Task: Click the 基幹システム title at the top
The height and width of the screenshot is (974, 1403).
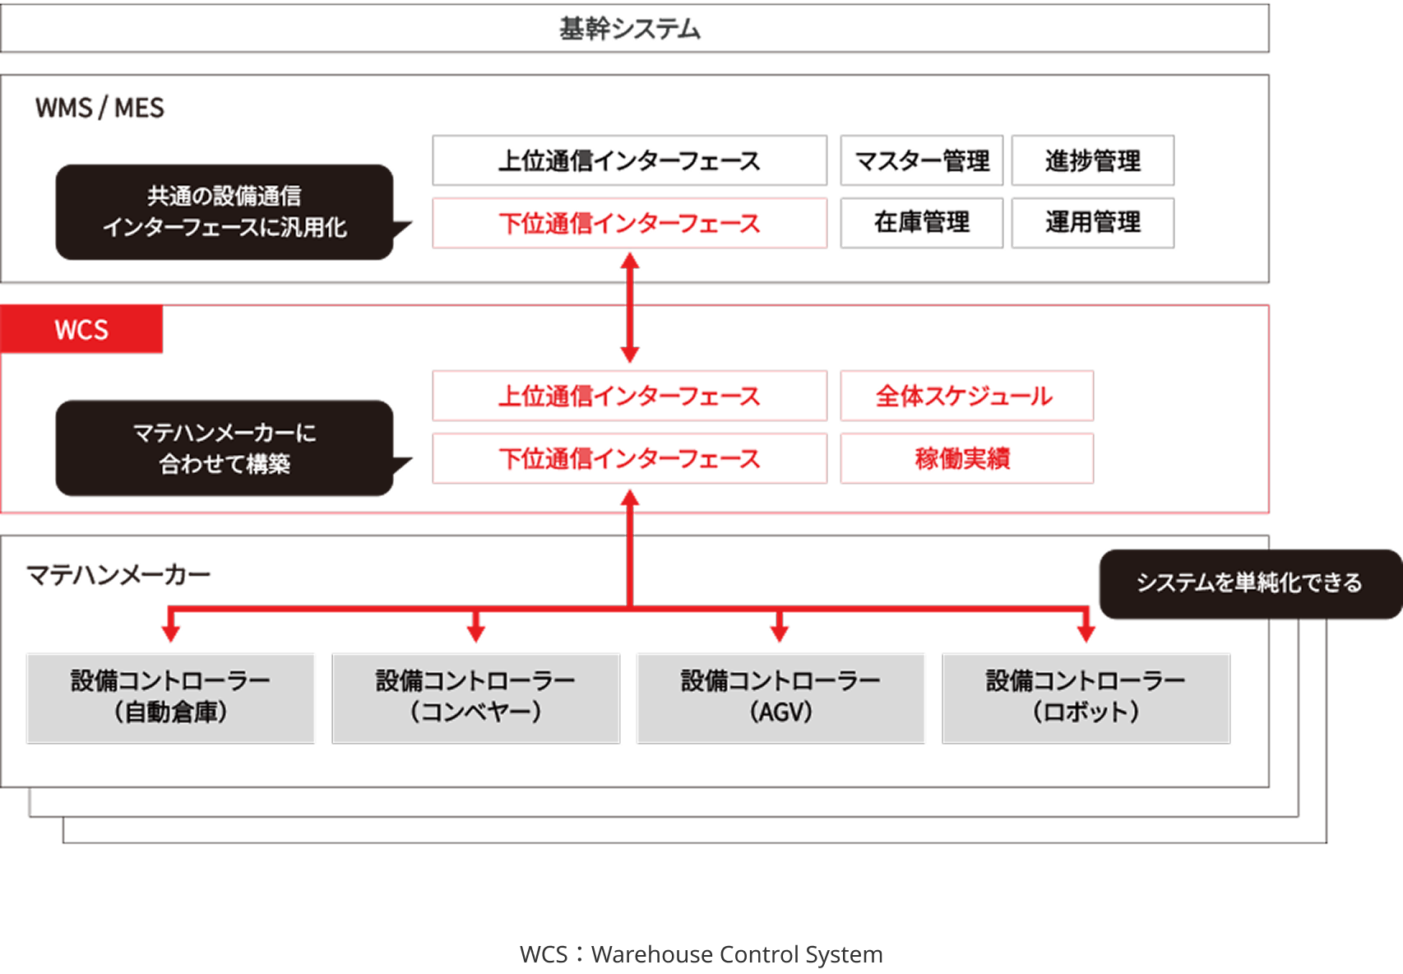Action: [x=630, y=30]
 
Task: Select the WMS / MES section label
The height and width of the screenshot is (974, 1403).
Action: [x=100, y=109]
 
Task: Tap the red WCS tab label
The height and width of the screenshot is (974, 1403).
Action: [x=81, y=330]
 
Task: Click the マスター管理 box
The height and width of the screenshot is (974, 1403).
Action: [x=921, y=160]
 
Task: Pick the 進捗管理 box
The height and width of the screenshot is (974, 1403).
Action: [x=1092, y=160]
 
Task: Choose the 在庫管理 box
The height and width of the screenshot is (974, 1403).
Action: [x=921, y=222]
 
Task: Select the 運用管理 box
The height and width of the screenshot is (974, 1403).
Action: [x=1092, y=222]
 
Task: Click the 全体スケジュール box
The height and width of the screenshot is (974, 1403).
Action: [x=966, y=396]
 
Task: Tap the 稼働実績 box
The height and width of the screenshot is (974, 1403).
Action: [x=966, y=458]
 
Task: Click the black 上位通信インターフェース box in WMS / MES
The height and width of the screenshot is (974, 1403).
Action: [x=629, y=160]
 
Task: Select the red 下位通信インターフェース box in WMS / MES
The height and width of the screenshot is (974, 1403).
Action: [x=629, y=223]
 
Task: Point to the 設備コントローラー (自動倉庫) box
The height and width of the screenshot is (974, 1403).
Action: [x=171, y=698]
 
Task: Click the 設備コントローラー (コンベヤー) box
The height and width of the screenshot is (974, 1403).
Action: [x=475, y=698]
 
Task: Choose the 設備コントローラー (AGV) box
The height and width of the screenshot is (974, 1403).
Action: [x=780, y=698]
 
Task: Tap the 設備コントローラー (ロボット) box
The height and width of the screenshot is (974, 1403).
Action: [x=1086, y=698]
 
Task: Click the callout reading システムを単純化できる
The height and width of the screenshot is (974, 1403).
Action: [x=1249, y=583]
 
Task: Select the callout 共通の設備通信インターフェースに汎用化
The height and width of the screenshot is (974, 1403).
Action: [x=225, y=212]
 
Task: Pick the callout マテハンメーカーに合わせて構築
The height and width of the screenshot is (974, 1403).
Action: [x=225, y=448]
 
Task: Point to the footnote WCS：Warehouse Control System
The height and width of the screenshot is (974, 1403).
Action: [x=701, y=954]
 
